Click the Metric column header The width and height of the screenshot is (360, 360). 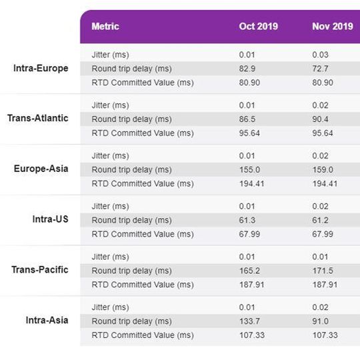tap(105, 27)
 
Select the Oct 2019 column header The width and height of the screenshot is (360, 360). tap(258, 27)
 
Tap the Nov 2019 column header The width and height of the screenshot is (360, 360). tap(332, 27)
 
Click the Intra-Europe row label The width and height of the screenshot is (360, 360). tap(41, 68)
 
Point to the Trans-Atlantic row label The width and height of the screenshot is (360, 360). tap(38, 118)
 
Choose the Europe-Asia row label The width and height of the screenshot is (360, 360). tap(41, 169)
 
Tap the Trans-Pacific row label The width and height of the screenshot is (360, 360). tap(40, 269)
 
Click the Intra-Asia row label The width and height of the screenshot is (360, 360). tap(47, 320)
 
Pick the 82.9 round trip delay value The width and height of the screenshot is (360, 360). tap(247, 69)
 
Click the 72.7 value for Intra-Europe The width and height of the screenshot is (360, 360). tap(321, 69)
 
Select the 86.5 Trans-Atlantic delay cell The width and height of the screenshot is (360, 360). tap(247, 119)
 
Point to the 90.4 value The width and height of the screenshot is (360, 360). tap(321, 119)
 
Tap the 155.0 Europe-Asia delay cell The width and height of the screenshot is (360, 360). tap(249, 169)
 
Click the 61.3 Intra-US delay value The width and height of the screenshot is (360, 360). tap(247, 220)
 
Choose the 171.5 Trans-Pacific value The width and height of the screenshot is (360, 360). tap(323, 271)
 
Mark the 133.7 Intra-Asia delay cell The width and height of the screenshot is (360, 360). tap(249, 321)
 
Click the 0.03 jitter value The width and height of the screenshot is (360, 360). tap(321, 55)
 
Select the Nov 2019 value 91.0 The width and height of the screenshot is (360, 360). tap(321, 321)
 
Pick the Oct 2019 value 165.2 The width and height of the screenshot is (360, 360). tap(249, 271)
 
